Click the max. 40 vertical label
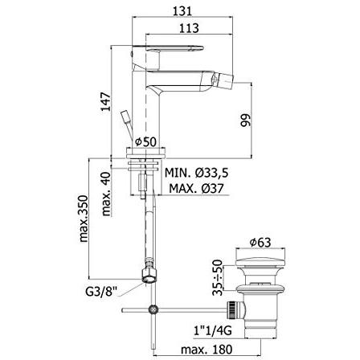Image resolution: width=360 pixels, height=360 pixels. click(105, 192)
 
